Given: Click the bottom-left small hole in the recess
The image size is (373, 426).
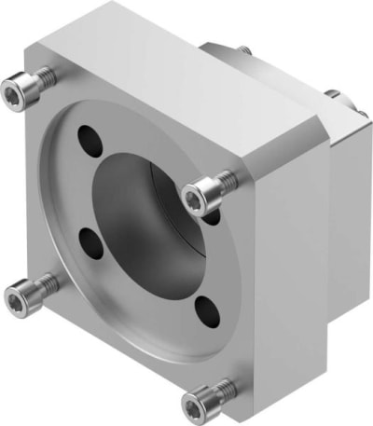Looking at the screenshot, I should [91, 245].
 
